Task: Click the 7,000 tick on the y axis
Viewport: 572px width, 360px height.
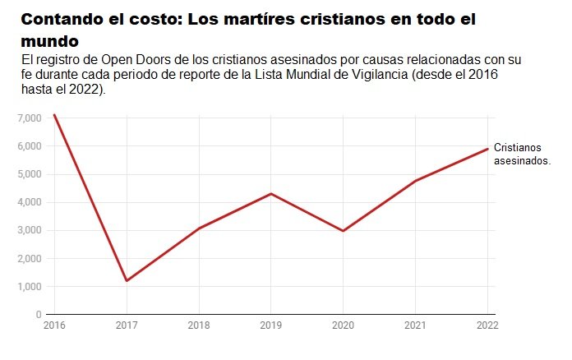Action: click(x=30, y=118)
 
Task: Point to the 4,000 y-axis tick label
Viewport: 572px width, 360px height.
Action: click(x=30, y=202)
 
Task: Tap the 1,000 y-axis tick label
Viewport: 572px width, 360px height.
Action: click(x=30, y=287)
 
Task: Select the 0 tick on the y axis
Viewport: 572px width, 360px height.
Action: click(x=38, y=315)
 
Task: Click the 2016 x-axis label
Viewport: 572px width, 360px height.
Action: click(x=53, y=326)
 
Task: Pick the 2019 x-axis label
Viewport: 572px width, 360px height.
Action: click(x=271, y=326)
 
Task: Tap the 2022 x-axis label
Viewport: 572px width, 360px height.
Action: click(x=488, y=326)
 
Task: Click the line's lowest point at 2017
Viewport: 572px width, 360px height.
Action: click(x=126, y=281)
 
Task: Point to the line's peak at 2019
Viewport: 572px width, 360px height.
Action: click(x=271, y=193)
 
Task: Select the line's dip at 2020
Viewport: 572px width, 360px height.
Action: click(x=344, y=231)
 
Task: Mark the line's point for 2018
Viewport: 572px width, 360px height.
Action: click(x=198, y=228)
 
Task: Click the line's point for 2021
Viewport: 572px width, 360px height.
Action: click(x=416, y=180)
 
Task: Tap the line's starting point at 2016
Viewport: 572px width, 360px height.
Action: click(x=54, y=115)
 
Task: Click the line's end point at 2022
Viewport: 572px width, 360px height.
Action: click(x=488, y=149)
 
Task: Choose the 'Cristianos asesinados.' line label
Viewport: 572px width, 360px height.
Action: click(x=521, y=154)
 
